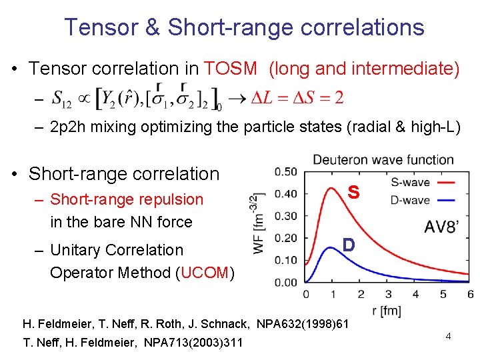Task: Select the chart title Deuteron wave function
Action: [x=383, y=160]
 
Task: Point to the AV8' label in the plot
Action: [x=441, y=227]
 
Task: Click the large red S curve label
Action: [x=353, y=192]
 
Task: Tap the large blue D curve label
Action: [x=347, y=245]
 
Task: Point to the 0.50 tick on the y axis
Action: [x=286, y=172]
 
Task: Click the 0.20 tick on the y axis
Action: [x=286, y=238]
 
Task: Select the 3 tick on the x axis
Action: [x=389, y=294]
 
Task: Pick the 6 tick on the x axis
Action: [x=471, y=294]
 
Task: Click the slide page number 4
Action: [x=449, y=337]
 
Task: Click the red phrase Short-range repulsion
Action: [x=127, y=199]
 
